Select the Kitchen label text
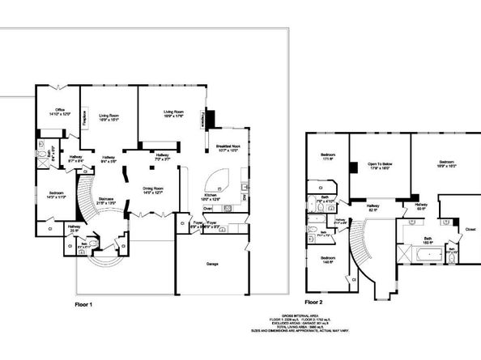pos(209,194)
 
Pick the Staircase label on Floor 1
pos(106,201)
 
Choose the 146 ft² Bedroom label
pos(327,260)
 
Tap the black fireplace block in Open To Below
pos(354,167)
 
